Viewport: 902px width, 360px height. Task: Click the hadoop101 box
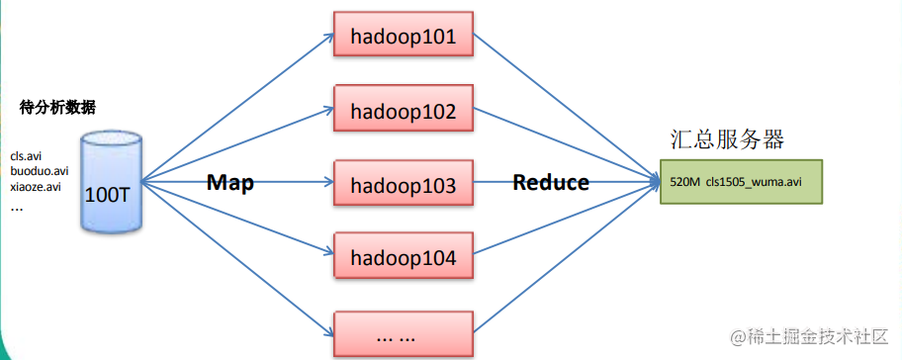(404, 34)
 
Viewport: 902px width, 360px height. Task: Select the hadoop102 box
(404, 108)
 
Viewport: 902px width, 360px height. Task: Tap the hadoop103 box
(404, 182)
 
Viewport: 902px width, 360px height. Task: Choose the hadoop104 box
(404, 256)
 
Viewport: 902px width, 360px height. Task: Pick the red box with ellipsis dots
(404, 335)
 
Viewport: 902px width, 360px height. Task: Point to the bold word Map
(230, 182)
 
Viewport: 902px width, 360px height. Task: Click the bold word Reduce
(551, 182)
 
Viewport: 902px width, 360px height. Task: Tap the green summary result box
(741, 182)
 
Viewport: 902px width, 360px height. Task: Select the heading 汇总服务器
(727, 139)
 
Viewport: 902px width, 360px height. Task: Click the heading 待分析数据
(57, 108)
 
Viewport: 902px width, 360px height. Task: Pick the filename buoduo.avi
(40, 171)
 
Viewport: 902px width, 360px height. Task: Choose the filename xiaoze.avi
(36, 187)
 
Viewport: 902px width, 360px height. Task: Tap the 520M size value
(685, 182)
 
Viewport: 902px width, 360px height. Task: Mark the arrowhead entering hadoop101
(328, 36)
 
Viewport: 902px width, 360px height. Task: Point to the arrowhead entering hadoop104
(328, 253)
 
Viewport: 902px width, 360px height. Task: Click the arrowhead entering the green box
(654, 182)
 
